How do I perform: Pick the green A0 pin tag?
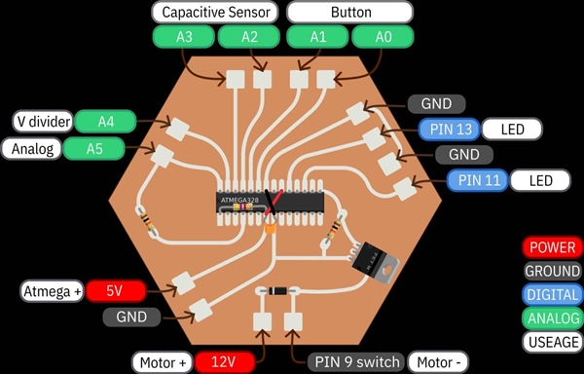[383, 38]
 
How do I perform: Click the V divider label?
[38, 122]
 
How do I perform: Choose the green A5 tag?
[94, 149]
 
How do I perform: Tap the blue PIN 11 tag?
[477, 180]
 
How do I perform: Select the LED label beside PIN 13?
[513, 129]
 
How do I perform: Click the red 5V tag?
[115, 290]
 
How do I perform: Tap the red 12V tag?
[225, 362]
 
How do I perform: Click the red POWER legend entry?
[552, 247]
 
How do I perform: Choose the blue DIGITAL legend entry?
[552, 294]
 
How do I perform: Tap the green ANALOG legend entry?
[552, 318]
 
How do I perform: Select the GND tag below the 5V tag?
[131, 317]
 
